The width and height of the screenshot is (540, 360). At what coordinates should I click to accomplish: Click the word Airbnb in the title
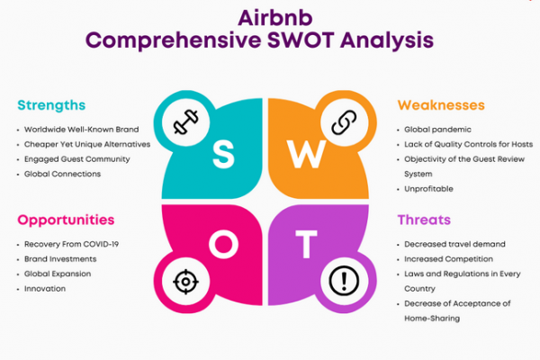[275, 18]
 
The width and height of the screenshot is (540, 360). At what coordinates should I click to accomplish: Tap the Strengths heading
[51, 105]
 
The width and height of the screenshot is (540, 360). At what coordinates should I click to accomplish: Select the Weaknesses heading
[441, 104]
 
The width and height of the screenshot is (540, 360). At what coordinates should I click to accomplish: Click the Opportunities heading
[66, 220]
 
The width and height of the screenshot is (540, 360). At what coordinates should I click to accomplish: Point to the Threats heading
[424, 220]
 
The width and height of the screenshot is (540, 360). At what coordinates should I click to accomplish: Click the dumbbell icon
[186, 121]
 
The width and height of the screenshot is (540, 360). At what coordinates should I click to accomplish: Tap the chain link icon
[344, 122]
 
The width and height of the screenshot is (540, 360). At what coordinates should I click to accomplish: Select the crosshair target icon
[185, 282]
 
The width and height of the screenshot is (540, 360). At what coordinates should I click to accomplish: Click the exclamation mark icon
[344, 281]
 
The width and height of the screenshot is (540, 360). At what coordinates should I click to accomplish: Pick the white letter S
[223, 155]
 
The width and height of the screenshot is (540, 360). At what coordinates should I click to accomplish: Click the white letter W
[307, 155]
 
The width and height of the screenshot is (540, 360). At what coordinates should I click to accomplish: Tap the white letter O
[223, 244]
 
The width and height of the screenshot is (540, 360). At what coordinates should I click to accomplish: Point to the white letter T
[306, 244]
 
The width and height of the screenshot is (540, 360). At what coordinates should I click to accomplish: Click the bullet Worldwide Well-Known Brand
[81, 130]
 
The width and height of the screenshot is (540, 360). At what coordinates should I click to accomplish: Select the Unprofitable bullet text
[428, 189]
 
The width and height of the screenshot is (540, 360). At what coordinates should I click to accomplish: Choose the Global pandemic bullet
[437, 130]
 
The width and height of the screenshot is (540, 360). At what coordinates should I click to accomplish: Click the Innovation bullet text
[45, 289]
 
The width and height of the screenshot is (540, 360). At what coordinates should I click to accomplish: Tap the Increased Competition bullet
[448, 258]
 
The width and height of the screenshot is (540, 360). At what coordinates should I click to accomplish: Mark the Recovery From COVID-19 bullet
[71, 244]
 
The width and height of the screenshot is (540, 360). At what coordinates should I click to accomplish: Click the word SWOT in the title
[300, 40]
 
